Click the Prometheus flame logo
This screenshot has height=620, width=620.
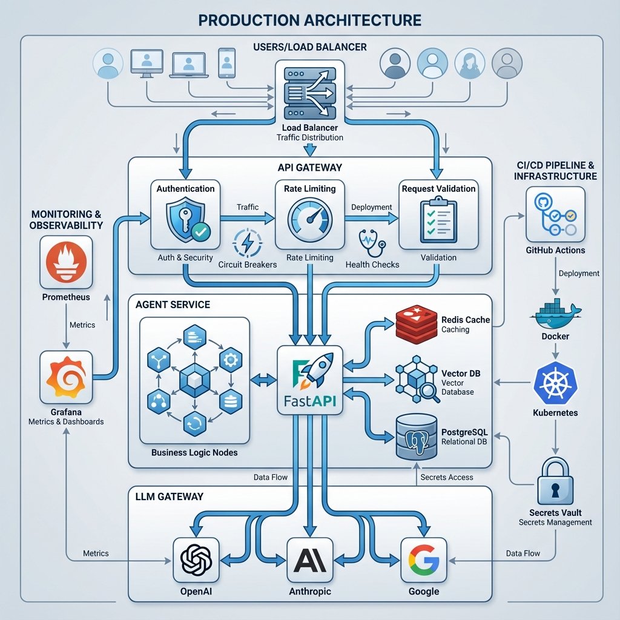click(x=66, y=262)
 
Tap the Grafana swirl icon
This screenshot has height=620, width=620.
click(x=66, y=377)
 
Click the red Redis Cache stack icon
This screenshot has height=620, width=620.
click(x=417, y=324)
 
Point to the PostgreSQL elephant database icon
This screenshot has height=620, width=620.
click(x=417, y=437)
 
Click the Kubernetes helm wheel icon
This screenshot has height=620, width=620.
click(x=555, y=383)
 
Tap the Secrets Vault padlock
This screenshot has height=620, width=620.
click(x=555, y=480)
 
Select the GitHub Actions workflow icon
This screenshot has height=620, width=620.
click(x=555, y=214)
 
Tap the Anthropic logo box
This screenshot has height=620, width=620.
click(x=310, y=560)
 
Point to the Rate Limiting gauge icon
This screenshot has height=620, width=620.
click(x=310, y=220)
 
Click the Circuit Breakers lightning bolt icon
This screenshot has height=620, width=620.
click(x=247, y=243)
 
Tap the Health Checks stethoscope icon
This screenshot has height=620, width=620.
click(x=372, y=243)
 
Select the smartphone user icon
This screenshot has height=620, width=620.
click(x=226, y=63)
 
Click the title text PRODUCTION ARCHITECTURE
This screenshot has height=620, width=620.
click(x=310, y=20)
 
